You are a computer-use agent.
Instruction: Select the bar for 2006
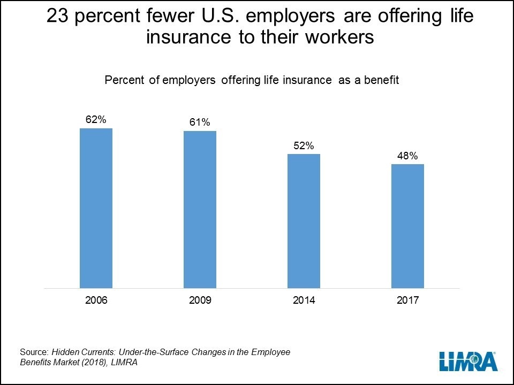tap(96, 209)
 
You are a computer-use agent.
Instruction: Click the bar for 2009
tap(200, 210)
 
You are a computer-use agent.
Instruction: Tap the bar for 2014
tap(304, 221)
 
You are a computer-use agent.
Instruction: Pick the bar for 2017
tap(407, 226)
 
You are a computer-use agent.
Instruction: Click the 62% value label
tap(96, 120)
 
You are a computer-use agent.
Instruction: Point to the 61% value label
tap(200, 122)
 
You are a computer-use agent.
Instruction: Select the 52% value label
tap(304, 145)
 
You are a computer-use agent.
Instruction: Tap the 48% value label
tap(407, 156)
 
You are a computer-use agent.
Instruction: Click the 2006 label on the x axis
tap(96, 301)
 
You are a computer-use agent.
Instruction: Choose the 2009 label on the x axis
tap(200, 301)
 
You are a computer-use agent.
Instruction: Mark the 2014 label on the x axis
tap(304, 301)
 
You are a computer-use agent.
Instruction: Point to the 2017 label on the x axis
tap(407, 301)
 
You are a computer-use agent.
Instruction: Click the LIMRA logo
tap(468, 361)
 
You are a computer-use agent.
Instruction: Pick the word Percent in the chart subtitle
tap(122, 80)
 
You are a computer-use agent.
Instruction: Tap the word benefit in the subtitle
tap(384, 80)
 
